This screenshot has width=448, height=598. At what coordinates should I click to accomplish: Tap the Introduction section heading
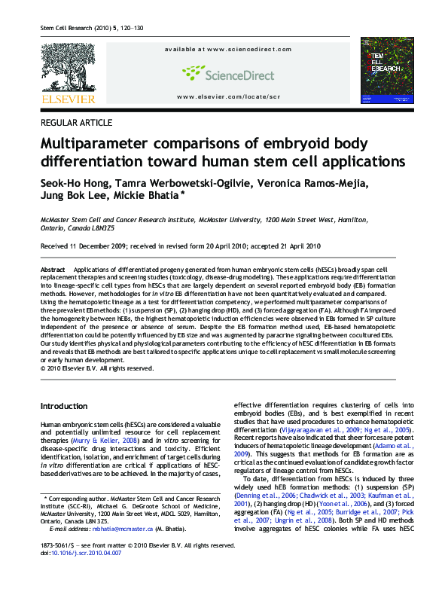[63, 406]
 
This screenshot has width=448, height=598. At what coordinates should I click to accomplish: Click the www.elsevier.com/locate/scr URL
[227, 97]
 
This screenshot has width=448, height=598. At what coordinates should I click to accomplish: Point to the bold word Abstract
[53, 269]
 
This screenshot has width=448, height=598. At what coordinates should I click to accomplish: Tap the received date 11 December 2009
[101, 246]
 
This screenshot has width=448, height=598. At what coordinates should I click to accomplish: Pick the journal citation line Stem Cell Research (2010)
[75, 29]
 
